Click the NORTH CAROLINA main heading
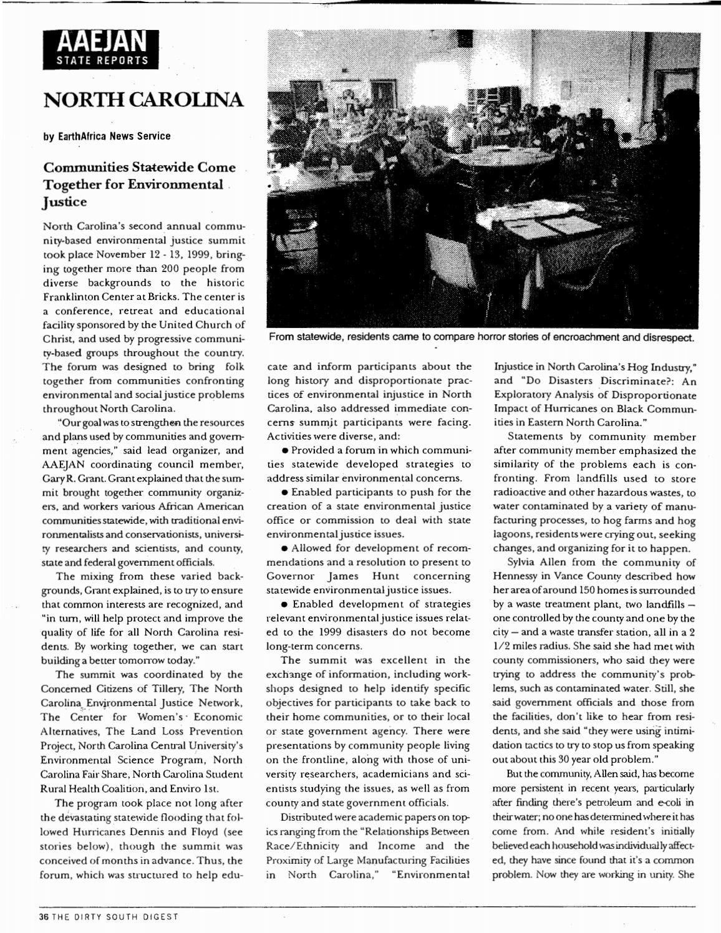point(143,100)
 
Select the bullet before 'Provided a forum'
point(284,450)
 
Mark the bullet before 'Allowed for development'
point(284,548)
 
